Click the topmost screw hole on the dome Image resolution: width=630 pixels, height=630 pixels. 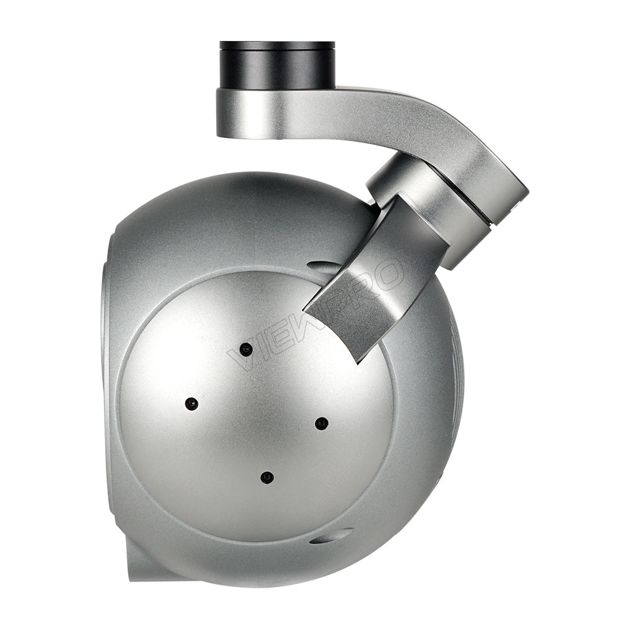pyautogui.click(x=246, y=348)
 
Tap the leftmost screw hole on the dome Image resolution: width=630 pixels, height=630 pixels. pyautogui.click(x=192, y=403)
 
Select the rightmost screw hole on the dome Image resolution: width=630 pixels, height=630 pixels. pyautogui.click(x=321, y=423)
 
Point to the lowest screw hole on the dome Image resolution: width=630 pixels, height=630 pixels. pyautogui.click(x=267, y=477)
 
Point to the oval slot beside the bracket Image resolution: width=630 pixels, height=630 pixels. pyautogui.click(x=323, y=267)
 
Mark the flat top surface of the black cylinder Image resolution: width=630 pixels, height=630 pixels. pyautogui.click(x=277, y=45)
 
